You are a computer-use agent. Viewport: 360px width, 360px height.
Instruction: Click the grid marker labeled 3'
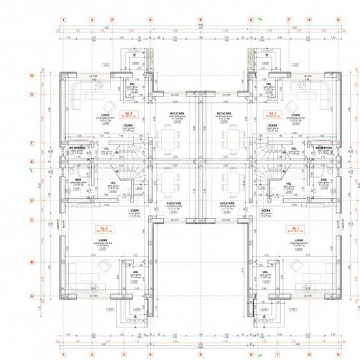pyautogui.click(x=113, y=20)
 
